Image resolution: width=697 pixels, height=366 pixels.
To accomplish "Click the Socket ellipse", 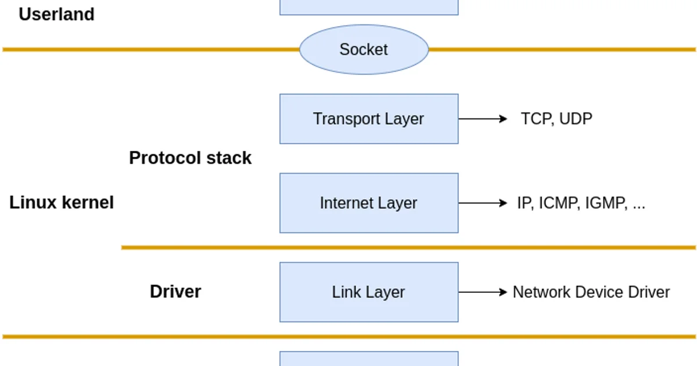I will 364,49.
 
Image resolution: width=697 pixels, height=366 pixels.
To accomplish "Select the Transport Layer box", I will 369,119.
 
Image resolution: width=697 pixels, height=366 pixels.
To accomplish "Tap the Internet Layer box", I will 369,203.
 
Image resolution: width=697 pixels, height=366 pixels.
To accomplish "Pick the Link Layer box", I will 369,292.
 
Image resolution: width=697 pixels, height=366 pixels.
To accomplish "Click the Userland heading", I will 56,15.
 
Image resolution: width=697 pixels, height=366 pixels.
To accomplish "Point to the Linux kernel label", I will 62,203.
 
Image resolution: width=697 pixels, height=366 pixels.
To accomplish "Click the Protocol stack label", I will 190,158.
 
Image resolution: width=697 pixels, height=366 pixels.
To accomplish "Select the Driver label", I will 175,292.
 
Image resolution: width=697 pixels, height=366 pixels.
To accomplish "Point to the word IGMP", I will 605,203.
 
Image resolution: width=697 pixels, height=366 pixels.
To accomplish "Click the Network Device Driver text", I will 591,292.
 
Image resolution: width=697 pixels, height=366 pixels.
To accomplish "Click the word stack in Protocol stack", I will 232,158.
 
